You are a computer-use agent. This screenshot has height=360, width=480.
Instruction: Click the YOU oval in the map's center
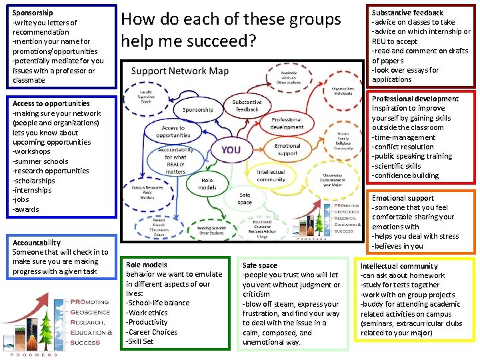click(x=231, y=150)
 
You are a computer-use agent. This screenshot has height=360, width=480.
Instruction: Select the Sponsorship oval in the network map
click(x=198, y=110)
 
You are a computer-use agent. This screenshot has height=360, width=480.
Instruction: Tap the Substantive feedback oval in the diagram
click(x=247, y=105)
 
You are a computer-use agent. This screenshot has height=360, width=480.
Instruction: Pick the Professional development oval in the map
click(x=287, y=123)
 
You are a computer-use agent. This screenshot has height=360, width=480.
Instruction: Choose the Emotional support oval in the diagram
click(x=287, y=149)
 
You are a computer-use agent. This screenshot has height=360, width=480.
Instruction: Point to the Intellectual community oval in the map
click(x=271, y=175)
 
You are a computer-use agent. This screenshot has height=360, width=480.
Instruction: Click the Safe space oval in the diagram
click(x=245, y=199)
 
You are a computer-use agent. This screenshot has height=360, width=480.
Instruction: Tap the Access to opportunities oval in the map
click(x=173, y=131)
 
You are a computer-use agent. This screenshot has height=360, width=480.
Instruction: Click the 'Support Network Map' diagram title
click(x=180, y=71)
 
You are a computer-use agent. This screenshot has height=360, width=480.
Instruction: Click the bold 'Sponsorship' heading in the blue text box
click(x=32, y=13)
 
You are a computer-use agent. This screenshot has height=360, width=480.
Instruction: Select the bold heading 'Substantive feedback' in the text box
click(x=407, y=13)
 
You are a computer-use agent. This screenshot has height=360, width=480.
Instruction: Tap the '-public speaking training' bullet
click(x=411, y=156)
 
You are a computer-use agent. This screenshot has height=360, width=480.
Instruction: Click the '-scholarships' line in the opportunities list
click(x=33, y=180)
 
